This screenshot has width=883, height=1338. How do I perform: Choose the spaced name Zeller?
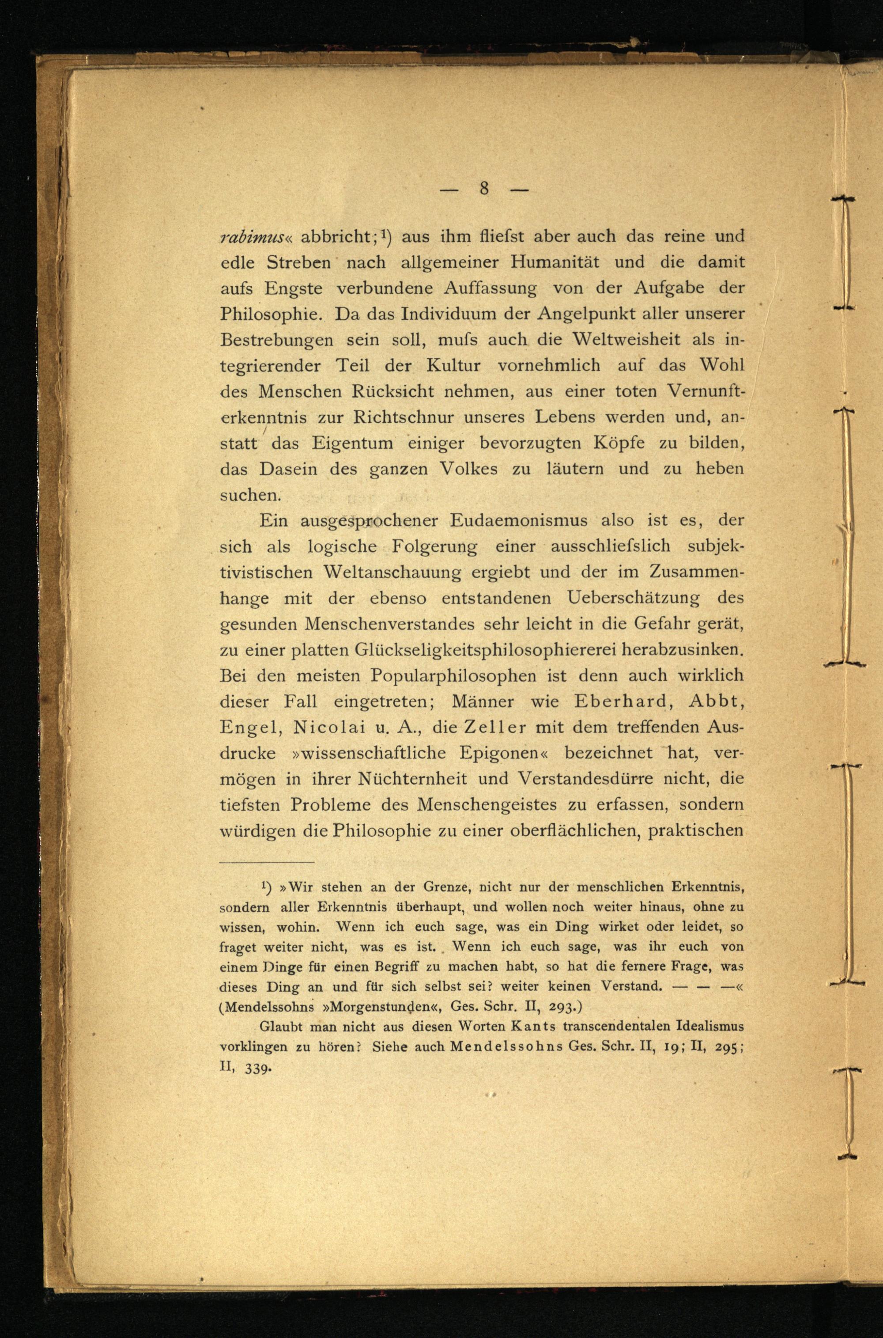(492, 727)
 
